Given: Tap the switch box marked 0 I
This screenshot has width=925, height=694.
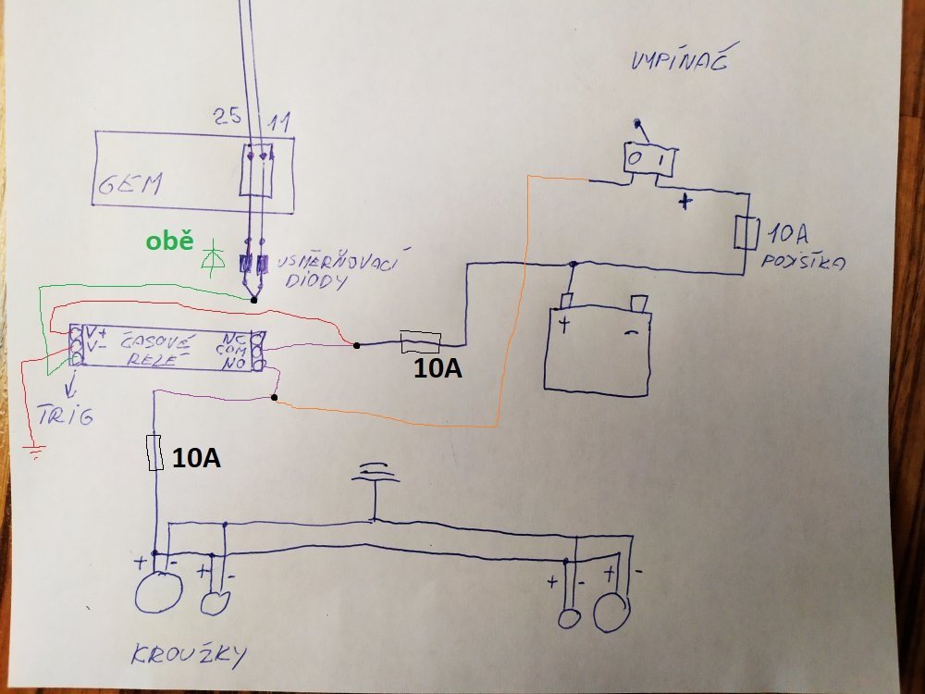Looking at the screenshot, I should [648, 160].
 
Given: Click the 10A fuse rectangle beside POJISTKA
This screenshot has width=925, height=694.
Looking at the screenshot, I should [746, 233].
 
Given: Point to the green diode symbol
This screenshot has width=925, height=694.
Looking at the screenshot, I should [215, 254].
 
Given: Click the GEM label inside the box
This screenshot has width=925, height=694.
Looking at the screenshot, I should [129, 185].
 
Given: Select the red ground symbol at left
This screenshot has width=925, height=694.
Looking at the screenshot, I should [35, 452].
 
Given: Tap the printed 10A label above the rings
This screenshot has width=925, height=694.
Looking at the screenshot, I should [195, 456].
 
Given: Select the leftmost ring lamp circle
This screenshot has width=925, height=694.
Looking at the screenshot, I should [158, 591].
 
